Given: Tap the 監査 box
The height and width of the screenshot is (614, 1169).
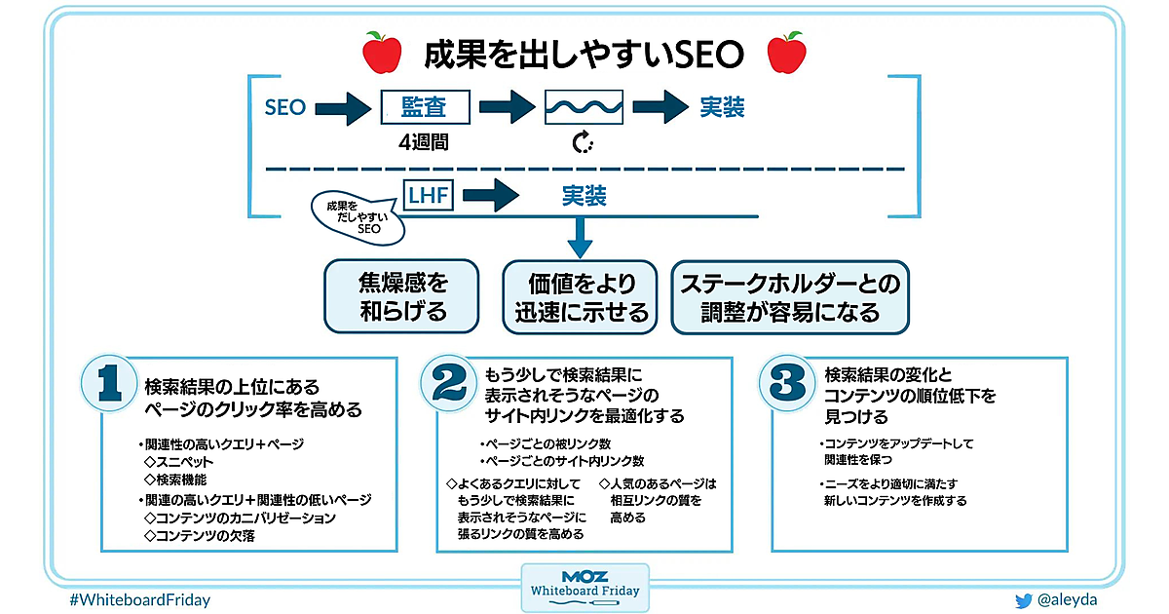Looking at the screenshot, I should tap(424, 107).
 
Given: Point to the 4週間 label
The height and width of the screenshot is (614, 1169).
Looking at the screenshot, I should tap(424, 142).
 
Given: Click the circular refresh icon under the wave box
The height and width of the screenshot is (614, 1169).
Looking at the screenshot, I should tap(583, 143).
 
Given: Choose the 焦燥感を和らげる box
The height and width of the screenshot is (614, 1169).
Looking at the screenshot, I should tap(402, 296).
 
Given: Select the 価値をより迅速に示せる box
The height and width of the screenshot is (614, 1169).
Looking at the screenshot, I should tap(581, 296).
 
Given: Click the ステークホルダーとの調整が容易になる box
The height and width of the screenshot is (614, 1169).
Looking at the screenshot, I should tap(790, 296).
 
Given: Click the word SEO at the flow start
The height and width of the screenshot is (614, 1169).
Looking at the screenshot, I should tap(285, 107).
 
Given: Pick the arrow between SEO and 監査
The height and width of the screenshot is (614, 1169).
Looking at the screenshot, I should tap(343, 107).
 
